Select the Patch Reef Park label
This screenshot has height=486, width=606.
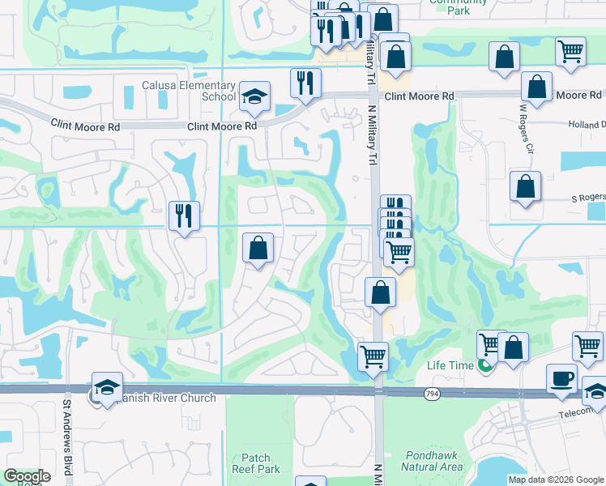click(255, 463)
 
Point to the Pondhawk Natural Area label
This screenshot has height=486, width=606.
click(432, 462)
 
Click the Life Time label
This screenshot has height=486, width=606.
click(450, 365)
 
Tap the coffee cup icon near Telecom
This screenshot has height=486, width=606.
click(561, 379)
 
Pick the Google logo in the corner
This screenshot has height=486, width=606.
click(27, 476)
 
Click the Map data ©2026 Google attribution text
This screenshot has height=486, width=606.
click(555, 480)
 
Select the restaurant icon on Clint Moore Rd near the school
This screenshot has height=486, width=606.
click(305, 83)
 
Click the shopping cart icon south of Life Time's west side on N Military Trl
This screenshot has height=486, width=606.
click(373, 356)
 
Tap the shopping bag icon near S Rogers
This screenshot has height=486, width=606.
click(525, 186)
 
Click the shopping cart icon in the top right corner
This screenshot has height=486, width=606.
click(570, 51)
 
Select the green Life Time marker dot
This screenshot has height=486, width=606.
click(484, 366)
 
